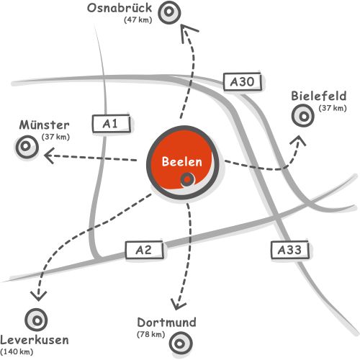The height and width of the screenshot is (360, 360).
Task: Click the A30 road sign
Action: coord(242,81)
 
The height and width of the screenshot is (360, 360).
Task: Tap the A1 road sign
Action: coord(112,124)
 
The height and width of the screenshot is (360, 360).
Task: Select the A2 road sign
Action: coord(144,250)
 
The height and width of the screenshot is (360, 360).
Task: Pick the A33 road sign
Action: coord(289,250)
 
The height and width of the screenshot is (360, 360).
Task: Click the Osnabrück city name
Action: coord(120,8)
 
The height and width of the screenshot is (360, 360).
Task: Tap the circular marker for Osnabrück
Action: coord(169,12)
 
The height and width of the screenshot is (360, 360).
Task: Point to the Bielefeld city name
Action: coord(319,96)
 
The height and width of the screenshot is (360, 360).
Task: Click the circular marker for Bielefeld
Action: coord(303,116)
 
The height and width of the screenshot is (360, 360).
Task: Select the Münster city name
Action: coord(45,125)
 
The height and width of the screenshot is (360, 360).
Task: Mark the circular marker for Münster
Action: coord(27,146)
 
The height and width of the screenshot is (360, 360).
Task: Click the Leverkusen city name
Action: coord(35,341)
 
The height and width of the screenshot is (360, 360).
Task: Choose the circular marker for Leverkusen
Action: coord(36,320)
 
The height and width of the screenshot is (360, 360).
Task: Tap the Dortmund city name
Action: coord(166,323)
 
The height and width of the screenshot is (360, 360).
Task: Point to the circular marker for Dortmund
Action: coord(181,343)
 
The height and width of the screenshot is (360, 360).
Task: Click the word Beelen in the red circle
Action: coord(182,161)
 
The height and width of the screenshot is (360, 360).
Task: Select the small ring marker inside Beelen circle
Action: coord(188,179)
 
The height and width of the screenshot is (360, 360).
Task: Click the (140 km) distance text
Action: coord(17,352)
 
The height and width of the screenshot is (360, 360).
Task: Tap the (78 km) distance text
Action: coord(151,334)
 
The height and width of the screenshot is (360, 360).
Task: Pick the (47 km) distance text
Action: coord(138,19)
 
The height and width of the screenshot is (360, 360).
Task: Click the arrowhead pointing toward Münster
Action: coord(49,156)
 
